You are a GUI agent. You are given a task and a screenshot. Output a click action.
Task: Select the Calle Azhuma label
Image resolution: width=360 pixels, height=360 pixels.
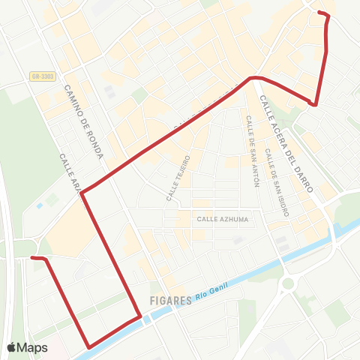coord(222,219)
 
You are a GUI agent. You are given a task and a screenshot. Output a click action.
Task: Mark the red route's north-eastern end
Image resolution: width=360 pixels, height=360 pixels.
coord(319,13)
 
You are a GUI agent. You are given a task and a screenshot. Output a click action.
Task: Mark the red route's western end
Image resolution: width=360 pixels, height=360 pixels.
coord(32,258)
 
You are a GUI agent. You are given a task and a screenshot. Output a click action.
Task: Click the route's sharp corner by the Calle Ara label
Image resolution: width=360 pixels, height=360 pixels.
coord(82,193)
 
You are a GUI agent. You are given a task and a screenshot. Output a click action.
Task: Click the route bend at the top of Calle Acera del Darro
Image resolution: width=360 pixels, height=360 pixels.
coord(253,77)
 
